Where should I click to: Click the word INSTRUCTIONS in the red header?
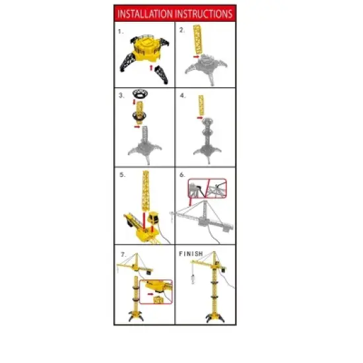[x=203, y=13]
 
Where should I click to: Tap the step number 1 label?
[x=121, y=31]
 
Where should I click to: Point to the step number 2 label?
[x=181, y=30]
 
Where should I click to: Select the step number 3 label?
[x=121, y=95]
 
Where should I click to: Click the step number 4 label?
[x=181, y=95]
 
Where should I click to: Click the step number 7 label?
[x=121, y=253]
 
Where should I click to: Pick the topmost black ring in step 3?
[x=140, y=93]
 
